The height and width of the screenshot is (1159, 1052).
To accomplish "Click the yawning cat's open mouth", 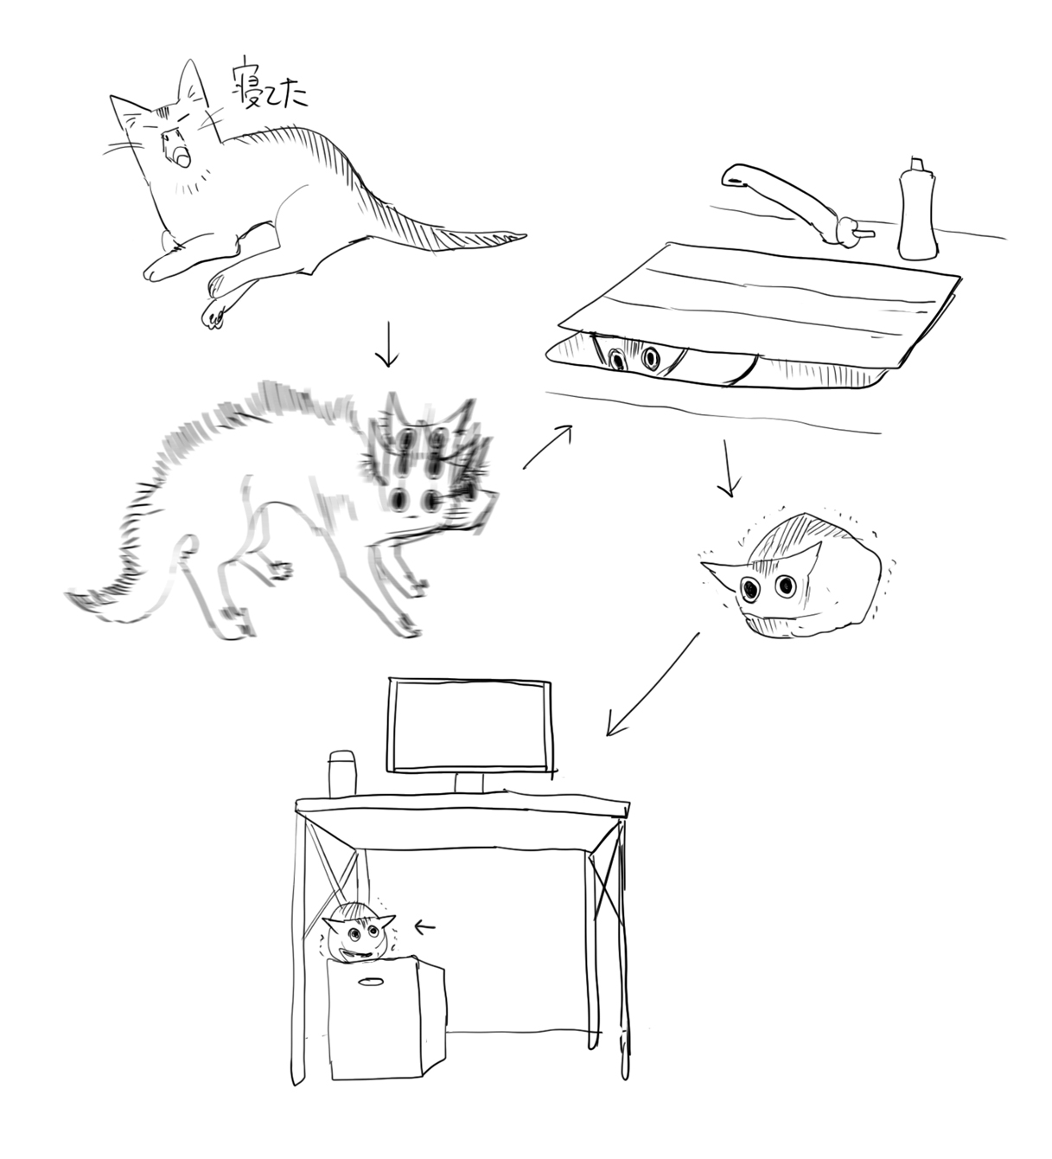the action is click(x=181, y=156).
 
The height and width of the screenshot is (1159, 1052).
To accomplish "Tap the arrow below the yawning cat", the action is click(x=387, y=345).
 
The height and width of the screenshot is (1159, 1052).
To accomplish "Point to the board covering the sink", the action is click(x=756, y=306).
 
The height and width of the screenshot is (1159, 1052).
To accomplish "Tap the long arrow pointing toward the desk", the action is click(x=652, y=685).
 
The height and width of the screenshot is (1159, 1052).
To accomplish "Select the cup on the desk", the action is click(x=343, y=773).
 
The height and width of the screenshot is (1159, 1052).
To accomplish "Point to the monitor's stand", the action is click(x=469, y=784).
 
